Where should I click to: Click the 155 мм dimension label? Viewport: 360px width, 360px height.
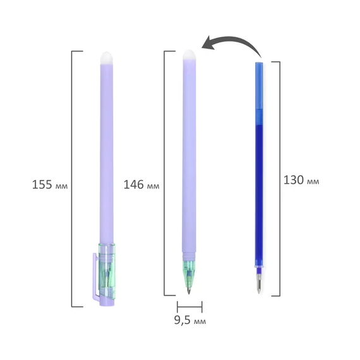(x=50, y=184)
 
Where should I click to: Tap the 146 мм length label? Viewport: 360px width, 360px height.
(x=141, y=184)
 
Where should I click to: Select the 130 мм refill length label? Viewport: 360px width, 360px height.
(x=301, y=180)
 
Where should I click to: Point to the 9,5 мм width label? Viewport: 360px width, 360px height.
(x=190, y=320)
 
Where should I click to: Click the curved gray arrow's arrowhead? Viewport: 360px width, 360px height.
(x=209, y=43)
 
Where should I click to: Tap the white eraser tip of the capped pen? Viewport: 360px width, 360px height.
(x=107, y=57)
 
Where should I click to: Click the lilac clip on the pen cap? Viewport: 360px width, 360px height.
(x=95, y=276)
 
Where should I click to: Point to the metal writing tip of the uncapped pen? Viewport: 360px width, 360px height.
(x=188, y=289)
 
